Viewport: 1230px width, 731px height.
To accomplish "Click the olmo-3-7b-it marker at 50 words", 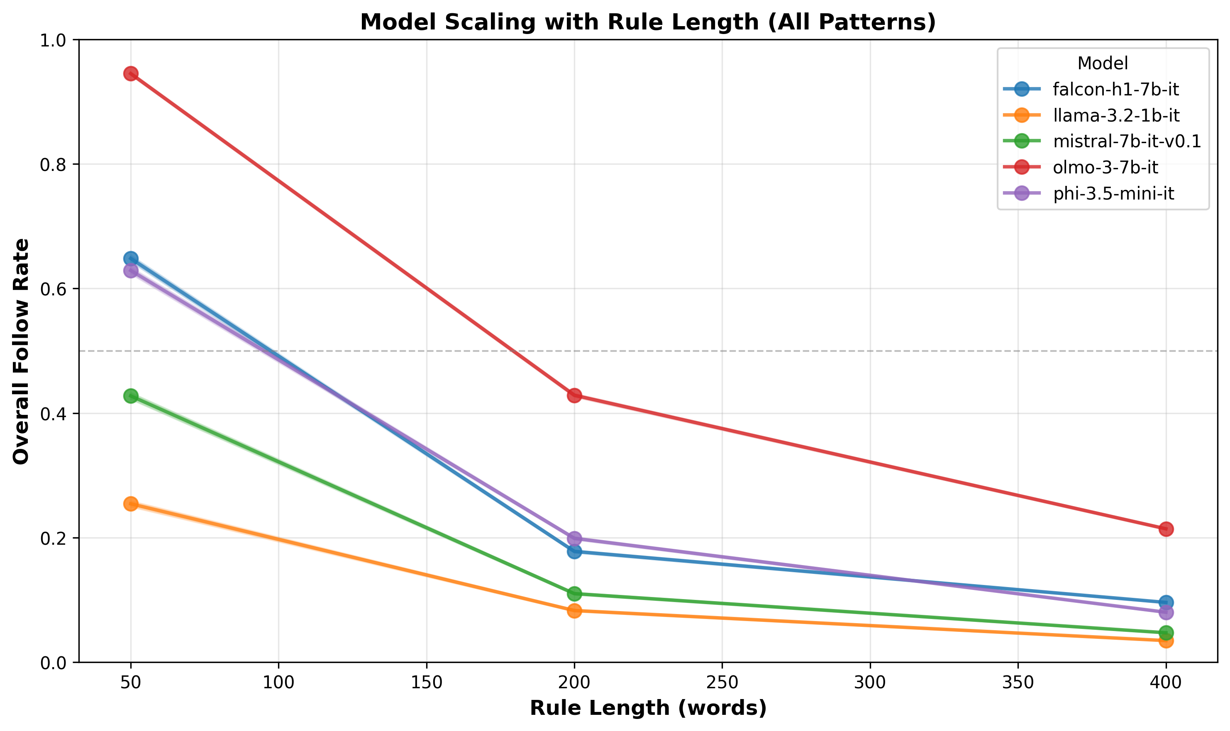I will coord(131,74).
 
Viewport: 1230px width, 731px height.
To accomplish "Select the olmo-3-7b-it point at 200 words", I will coord(574,395).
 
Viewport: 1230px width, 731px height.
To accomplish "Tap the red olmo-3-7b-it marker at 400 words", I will coord(1166,529).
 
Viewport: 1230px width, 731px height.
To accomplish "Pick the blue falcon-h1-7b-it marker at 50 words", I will coord(131,258).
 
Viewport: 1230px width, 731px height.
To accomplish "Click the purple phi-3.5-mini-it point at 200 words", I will coord(574,538).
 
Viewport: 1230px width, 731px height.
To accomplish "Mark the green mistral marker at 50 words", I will coord(131,395).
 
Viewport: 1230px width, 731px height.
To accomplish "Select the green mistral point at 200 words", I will coord(574,594).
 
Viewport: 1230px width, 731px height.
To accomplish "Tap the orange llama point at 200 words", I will coord(574,611).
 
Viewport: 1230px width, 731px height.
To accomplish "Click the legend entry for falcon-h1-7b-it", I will coord(1116,89).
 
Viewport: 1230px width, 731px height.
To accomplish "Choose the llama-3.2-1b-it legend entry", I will coord(1116,115).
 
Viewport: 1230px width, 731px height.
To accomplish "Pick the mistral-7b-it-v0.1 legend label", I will coord(1127,141).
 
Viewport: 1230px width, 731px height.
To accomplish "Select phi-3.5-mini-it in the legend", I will coord(1113,194).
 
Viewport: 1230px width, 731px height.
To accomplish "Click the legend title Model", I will coord(1103,63).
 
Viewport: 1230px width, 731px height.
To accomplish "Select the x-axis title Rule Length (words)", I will coord(648,708).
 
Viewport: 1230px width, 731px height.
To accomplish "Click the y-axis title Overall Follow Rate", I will coord(21,351).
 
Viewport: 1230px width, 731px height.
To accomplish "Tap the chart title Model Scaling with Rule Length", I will coord(648,22).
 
